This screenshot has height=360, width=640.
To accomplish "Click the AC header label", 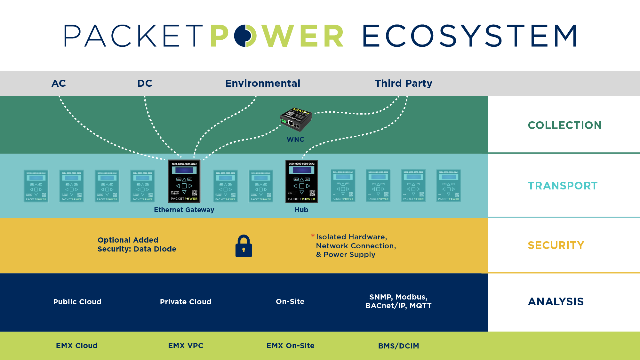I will click(x=59, y=84).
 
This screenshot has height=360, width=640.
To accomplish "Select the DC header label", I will click(x=145, y=84).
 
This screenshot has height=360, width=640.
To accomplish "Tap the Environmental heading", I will click(x=263, y=84).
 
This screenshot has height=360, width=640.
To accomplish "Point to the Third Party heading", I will click(x=404, y=84).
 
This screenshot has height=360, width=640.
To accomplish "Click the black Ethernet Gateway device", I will click(x=184, y=181).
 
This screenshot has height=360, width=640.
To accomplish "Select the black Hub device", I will click(x=301, y=181).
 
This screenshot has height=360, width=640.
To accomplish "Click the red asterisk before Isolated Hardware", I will click(x=313, y=236).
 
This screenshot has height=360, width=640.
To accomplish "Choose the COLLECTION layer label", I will click(x=564, y=125).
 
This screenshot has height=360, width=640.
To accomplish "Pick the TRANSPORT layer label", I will click(x=563, y=186).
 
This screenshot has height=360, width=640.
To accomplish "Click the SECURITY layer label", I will click(x=556, y=245).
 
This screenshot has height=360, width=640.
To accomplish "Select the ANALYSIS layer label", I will click(x=556, y=301).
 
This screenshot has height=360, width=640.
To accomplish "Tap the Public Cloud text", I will click(x=77, y=302).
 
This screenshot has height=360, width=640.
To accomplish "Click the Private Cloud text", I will click(x=186, y=302).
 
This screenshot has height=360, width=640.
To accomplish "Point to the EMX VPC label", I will click(x=186, y=346).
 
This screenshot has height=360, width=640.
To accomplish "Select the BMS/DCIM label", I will click(x=398, y=346).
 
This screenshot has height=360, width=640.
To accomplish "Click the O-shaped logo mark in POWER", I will click(x=245, y=36).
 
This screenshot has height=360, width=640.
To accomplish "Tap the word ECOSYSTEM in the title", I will click(x=470, y=36).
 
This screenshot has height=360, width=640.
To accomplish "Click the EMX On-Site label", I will click(x=290, y=346).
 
